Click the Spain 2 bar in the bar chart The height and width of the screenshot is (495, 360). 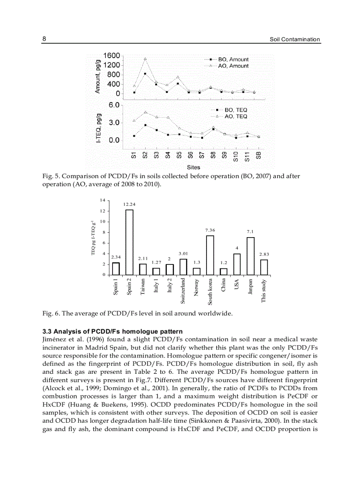click(x=129, y=242)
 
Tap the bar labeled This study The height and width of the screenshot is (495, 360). click(x=264, y=267)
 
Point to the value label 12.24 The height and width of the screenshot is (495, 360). click(x=129, y=205)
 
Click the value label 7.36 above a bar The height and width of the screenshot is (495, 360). click(x=210, y=230)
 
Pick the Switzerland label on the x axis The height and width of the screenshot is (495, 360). click(x=183, y=291)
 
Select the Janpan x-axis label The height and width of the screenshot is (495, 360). click(x=250, y=287)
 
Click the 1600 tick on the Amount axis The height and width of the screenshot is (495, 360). click(x=112, y=56)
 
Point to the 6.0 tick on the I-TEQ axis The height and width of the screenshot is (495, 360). click(x=114, y=105)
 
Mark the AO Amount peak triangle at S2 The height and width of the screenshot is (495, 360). click(x=145, y=59)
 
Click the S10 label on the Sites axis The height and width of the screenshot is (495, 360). click(x=236, y=156)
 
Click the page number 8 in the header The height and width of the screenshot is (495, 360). click(x=44, y=39)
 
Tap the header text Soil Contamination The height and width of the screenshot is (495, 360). click(x=295, y=39)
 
